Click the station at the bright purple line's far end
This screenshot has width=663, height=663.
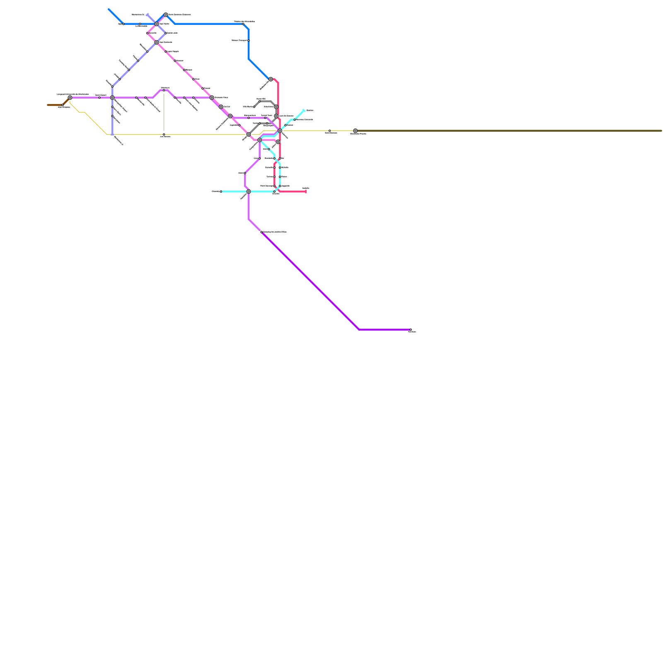click(411, 330)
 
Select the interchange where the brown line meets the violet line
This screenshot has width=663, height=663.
click(70, 98)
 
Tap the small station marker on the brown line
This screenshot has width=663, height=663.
click(63, 105)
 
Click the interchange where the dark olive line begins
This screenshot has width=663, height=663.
click(356, 131)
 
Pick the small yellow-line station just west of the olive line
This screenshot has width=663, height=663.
click(330, 131)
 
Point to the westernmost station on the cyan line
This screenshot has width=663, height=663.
click(221, 191)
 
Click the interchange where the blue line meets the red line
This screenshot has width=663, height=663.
click(271, 79)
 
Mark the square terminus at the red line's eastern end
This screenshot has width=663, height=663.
click(306, 191)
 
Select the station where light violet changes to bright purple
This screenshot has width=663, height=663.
click(261, 232)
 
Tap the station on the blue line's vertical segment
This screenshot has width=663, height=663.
click(249, 40)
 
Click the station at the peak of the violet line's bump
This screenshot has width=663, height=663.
click(164, 90)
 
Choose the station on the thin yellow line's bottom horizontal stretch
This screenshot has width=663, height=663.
click(164, 134)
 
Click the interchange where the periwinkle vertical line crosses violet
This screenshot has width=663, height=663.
click(112, 98)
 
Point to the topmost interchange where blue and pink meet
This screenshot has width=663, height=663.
click(166, 15)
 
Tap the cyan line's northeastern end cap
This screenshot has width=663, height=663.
click(304, 110)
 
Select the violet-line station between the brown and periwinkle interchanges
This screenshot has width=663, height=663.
click(99, 98)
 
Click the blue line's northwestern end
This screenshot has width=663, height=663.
click(109, 9)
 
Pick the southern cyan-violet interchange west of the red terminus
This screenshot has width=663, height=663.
click(249, 191)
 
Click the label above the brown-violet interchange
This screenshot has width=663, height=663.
click(73, 94)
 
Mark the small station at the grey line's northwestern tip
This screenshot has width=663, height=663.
click(254, 107)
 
